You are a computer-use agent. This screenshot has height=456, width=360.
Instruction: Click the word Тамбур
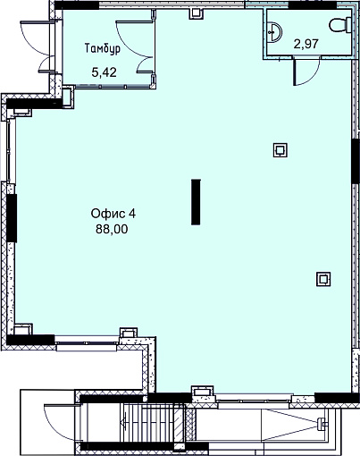(103, 48)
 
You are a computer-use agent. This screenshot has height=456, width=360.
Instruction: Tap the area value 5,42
(104, 72)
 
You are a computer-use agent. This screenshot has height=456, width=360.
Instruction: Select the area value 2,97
(306, 44)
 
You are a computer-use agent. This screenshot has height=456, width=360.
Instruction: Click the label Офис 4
(113, 214)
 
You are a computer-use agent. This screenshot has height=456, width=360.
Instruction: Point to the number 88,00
(112, 229)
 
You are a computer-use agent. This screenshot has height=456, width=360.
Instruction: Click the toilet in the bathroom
(340, 25)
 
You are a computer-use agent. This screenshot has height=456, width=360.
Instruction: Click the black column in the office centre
(196, 201)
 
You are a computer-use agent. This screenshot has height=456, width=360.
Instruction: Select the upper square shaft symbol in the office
(280, 150)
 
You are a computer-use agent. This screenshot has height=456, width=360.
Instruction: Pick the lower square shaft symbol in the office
(323, 279)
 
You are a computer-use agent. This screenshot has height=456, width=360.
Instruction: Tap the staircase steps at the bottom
(149, 423)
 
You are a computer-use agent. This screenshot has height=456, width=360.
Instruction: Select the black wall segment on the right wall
(356, 161)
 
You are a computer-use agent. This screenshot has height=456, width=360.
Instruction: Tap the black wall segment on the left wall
(12, 218)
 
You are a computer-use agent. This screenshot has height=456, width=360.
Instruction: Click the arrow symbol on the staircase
(124, 423)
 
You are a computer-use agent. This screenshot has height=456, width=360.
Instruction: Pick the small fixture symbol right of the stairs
(322, 423)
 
